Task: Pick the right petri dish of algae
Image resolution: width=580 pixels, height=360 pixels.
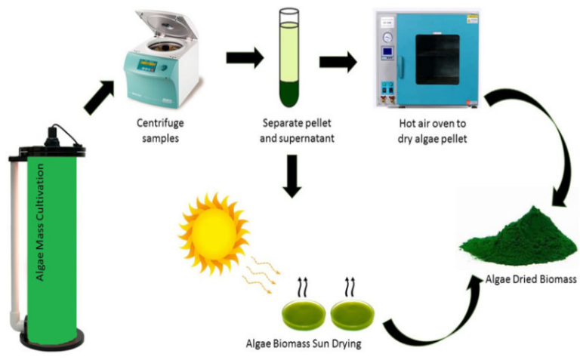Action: (x=355, y=314)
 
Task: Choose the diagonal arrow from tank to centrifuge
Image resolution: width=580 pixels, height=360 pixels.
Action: (x=100, y=97)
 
